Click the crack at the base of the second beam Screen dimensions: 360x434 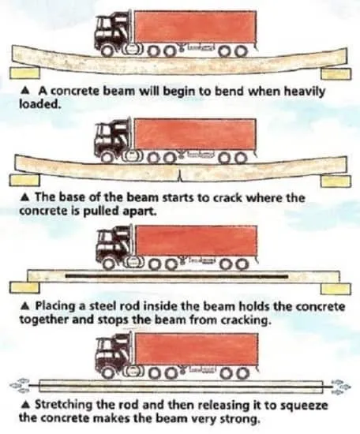[x=180, y=176]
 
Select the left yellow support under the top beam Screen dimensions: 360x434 [x=24, y=73]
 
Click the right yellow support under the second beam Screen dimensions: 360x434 [x=336, y=181]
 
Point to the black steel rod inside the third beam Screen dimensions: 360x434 [x=177, y=276]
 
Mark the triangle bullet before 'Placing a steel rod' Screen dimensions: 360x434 [x=25, y=306]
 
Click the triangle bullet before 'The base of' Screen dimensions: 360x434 [x=25, y=198]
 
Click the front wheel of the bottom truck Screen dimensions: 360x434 [x=110, y=372]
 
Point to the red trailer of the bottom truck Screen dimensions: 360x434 [x=197, y=349]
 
